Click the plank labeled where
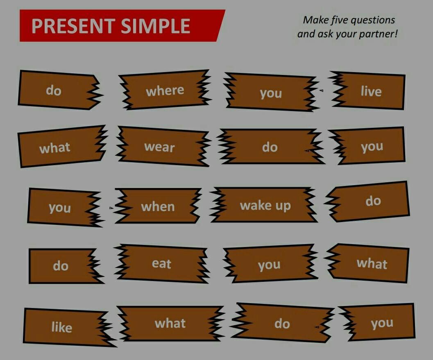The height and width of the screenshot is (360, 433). (165, 90)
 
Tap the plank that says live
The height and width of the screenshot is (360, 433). (368, 91)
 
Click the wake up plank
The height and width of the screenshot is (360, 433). (265, 205)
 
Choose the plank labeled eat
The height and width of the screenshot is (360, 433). (161, 264)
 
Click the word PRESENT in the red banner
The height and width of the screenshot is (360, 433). (73, 26)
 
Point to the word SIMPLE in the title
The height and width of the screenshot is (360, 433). (156, 26)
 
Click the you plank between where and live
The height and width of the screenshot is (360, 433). (272, 92)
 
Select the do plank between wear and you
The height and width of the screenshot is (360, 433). (270, 146)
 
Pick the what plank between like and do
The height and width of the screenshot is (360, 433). (171, 323)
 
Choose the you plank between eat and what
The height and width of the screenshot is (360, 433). (269, 264)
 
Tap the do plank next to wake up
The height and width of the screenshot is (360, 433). (369, 201)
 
